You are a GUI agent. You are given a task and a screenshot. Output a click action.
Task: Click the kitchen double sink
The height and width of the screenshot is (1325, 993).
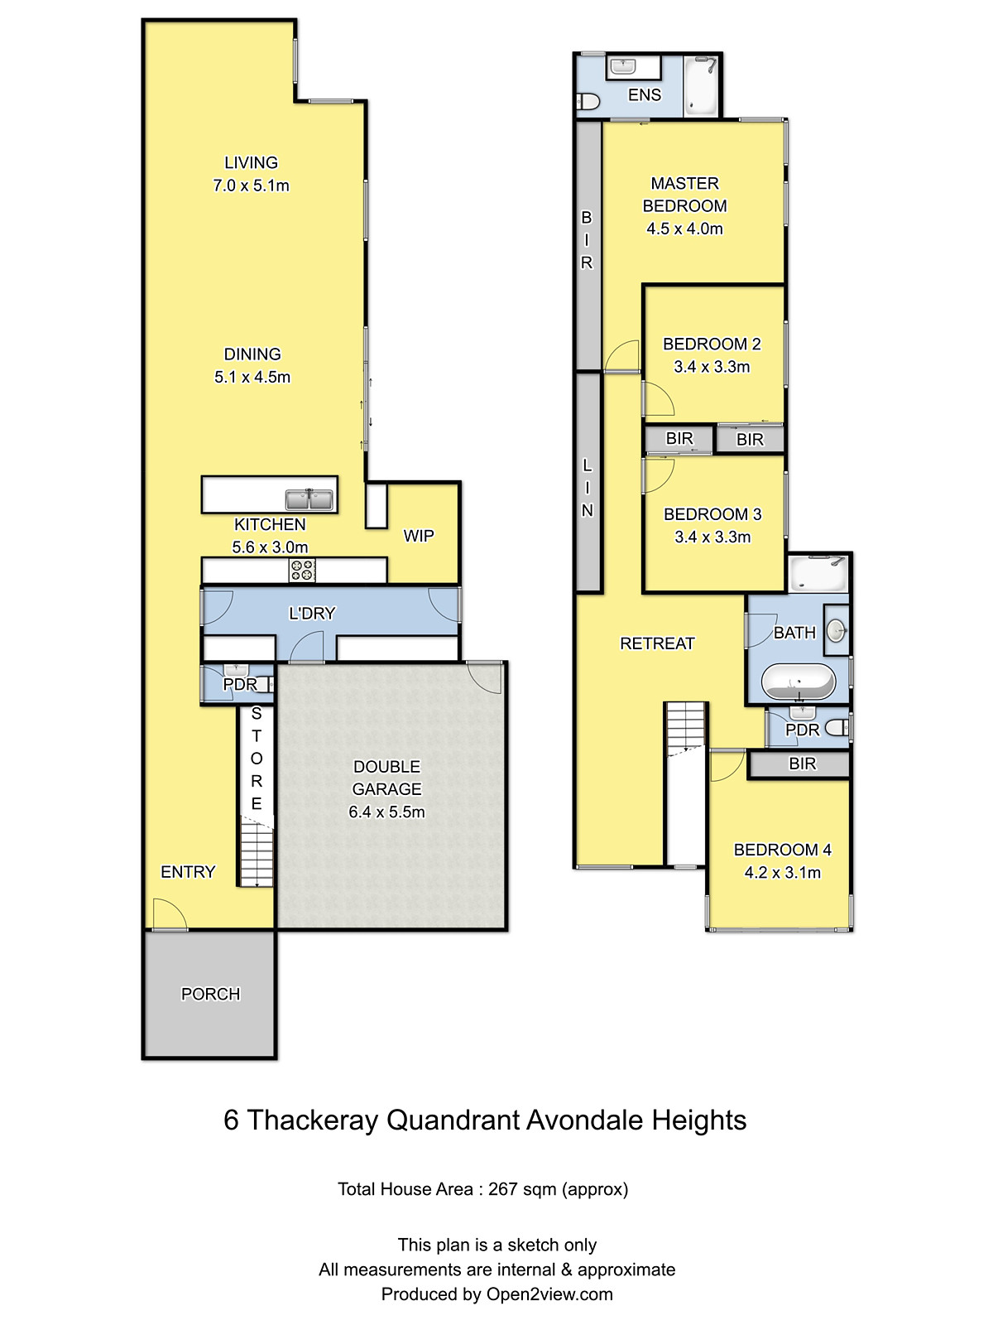pos(309,499)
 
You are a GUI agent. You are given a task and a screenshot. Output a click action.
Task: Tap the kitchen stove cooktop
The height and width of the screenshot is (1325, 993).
pos(302,570)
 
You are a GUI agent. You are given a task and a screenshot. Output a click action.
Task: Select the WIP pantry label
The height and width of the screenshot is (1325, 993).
pos(419,536)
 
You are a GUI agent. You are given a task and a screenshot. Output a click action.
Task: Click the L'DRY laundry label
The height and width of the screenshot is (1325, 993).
pos(312,614)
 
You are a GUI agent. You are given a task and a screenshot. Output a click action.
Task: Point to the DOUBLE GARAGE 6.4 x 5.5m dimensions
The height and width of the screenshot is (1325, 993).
pos(386,812)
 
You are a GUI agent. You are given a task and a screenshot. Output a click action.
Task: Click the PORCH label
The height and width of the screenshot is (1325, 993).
pos(210,994)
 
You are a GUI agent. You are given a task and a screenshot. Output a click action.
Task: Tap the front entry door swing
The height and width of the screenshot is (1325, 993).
pos(170,914)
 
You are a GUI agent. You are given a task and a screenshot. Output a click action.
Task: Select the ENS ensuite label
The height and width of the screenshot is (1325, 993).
pos(645,94)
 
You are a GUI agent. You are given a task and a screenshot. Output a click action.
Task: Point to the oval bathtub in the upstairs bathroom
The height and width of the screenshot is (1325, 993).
pos(799,681)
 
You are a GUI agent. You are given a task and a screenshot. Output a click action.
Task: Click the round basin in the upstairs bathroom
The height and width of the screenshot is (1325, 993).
pos(837,630)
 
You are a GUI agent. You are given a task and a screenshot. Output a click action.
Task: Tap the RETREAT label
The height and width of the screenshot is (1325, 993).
pos(657,643)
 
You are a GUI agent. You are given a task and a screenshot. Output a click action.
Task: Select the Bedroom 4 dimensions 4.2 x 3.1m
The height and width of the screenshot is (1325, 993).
pos(783,872)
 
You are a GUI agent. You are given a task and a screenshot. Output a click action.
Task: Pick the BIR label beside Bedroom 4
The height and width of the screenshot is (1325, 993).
pos(803,764)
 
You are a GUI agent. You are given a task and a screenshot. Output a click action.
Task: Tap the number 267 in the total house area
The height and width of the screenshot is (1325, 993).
pos(503,1189)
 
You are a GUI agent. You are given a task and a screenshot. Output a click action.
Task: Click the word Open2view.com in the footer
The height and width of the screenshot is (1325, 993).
pos(549,1294)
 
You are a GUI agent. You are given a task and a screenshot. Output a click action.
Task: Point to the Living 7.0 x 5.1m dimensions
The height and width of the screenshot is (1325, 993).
pos(251,185)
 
